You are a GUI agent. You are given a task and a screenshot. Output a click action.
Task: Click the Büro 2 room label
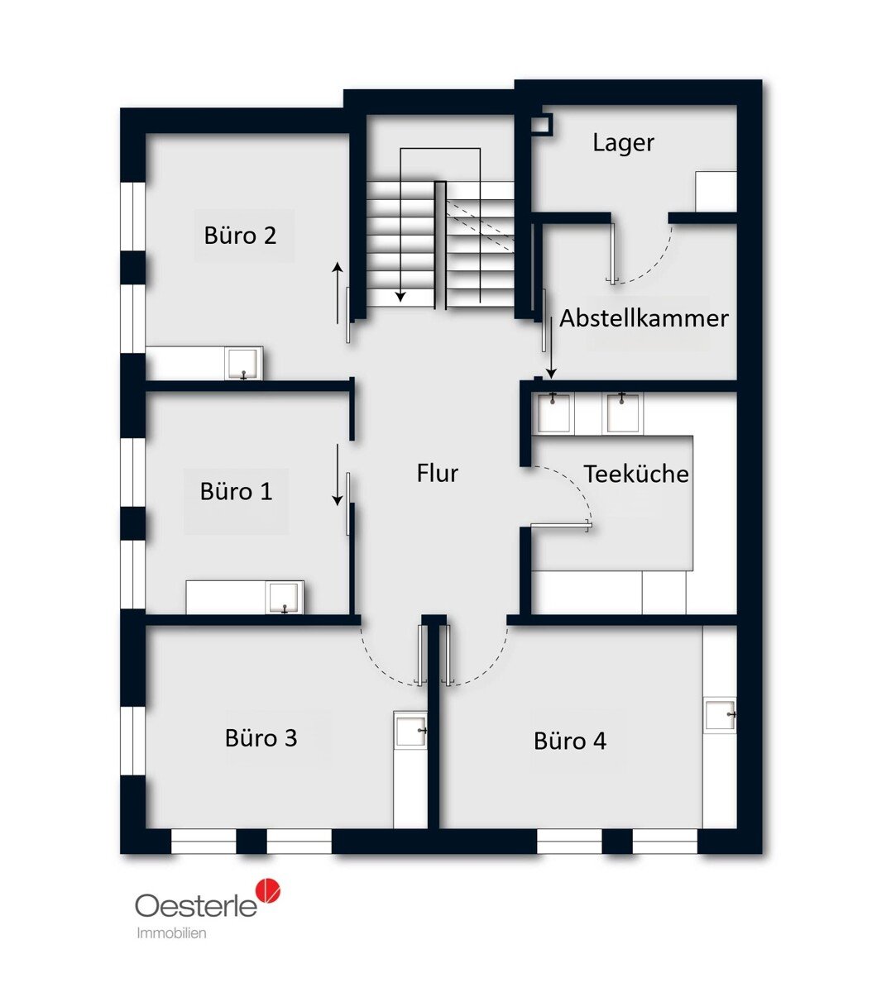pyautogui.click(x=240, y=236)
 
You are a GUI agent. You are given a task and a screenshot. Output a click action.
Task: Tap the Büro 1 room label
pyautogui.click(x=236, y=491)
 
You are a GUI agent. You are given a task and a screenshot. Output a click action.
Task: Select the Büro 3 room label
pyautogui.click(x=261, y=738)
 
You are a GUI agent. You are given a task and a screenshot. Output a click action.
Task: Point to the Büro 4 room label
pyautogui.click(x=569, y=741)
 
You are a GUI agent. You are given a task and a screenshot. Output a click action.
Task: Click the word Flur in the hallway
pyautogui.click(x=437, y=474)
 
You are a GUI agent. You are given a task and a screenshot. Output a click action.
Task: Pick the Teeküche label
pyautogui.click(x=635, y=474)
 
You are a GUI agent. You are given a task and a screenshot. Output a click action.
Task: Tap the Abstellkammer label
pyautogui.click(x=644, y=318)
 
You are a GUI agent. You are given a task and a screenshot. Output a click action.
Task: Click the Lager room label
pyautogui.click(x=623, y=143)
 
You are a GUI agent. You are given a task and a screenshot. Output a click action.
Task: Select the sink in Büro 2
pyautogui.click(x=243, y=363)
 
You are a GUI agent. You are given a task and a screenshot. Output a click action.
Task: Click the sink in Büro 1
pyautogui.click(x=285, y=598)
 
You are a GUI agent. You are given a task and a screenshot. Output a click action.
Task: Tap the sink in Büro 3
pyautogui.click(x=410, y=730)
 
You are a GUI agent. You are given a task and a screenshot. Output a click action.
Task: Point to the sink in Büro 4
pyautogui.click(x=720, y=715)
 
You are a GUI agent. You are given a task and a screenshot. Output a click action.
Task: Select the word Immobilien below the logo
pyautogui.click(x=171, y=933)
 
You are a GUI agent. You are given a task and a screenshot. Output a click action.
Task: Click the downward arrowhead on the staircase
pyautogui.click(x=400, y=297)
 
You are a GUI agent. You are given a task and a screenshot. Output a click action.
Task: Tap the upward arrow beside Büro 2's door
pyautogui.click(x=338, y=293)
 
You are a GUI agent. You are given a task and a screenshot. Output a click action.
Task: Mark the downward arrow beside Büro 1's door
pyautogui.click(x=338, y=475)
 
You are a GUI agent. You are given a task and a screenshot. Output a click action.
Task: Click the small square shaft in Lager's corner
pyautogui.click(x=543, y=124)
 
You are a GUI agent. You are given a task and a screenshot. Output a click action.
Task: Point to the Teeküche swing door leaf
pyautogui.click(x=562, y=527)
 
